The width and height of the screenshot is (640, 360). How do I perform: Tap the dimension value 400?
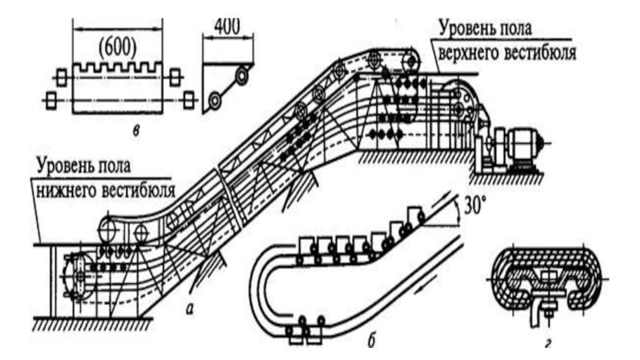tap(227, 26)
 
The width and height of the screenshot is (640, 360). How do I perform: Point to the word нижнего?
tap(66, 190)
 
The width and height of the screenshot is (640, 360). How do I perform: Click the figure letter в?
tap(136, 130)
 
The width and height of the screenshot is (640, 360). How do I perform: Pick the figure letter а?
tap(189, 310)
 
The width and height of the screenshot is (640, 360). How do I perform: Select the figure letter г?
tap(548, 344)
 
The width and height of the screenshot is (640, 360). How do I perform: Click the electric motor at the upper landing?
tap(523, 143)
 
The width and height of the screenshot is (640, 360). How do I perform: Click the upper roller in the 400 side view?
tap(242, 75)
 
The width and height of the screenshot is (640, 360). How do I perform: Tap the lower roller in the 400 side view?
tap(214, 101)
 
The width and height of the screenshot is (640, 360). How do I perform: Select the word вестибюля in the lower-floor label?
tap(138, 190)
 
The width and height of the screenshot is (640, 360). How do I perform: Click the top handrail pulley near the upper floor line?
tap(411, 62)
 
